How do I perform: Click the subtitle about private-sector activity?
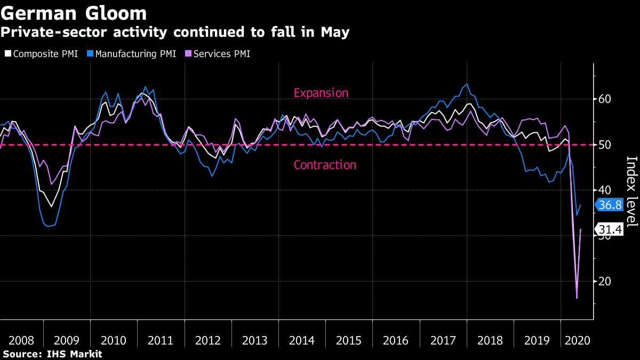(175, 33)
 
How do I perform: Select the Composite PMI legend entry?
(42, 54)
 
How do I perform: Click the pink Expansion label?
(321, 93)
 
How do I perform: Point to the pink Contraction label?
(325, 165)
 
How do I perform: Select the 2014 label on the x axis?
(301, 340)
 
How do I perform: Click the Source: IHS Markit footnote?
(52, 354)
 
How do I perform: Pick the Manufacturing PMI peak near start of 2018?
(467, 84)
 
